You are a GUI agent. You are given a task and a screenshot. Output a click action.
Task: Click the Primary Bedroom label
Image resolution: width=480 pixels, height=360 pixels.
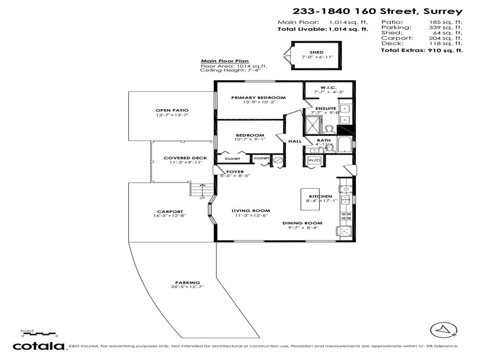tap(258, 98)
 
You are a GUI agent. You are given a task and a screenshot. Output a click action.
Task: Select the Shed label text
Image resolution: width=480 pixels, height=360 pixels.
tap(316, 52)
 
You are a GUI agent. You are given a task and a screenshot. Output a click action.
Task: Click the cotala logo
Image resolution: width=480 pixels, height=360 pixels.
tap(38, 346)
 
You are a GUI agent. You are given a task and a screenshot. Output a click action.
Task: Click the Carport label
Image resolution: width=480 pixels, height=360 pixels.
tap(170, 211)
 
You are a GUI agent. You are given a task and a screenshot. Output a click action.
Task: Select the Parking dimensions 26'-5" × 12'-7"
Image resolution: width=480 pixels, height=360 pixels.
tap(187, 287)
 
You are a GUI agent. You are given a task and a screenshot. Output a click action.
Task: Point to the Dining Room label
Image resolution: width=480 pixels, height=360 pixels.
tap(302, 223)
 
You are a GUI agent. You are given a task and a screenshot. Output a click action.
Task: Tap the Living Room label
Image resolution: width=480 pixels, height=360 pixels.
tap(251, 211)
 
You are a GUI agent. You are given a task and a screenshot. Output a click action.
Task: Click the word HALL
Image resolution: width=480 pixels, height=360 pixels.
tap(294, 141)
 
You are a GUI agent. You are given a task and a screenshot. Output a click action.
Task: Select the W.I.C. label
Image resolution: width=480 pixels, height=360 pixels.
tap(326, 87)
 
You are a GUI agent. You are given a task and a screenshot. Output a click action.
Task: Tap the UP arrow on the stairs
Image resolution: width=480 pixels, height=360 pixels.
tap(202, 190)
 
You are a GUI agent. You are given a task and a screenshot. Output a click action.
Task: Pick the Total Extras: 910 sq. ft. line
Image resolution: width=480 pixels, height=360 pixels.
tap(422, 50)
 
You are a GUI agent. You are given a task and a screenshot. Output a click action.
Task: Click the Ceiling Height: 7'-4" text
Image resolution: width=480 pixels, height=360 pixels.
tap(230, 70)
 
